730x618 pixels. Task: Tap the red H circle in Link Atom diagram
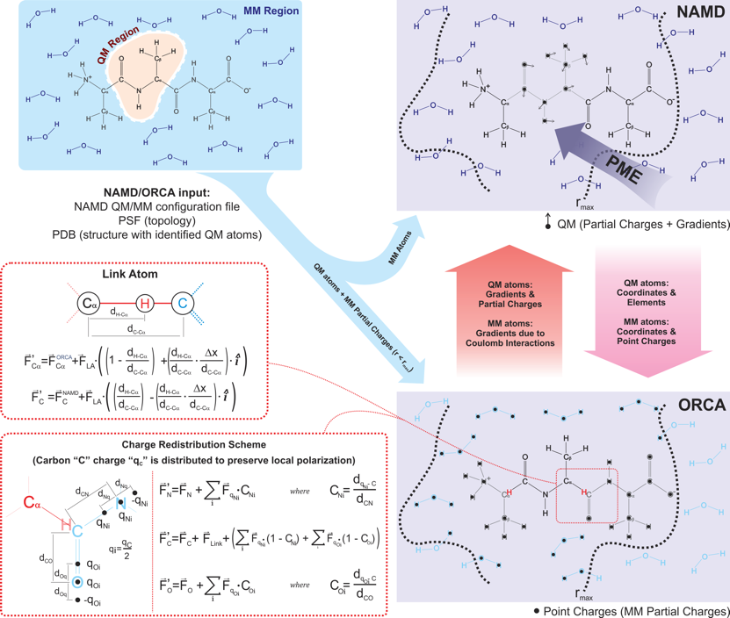click(148, 303)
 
